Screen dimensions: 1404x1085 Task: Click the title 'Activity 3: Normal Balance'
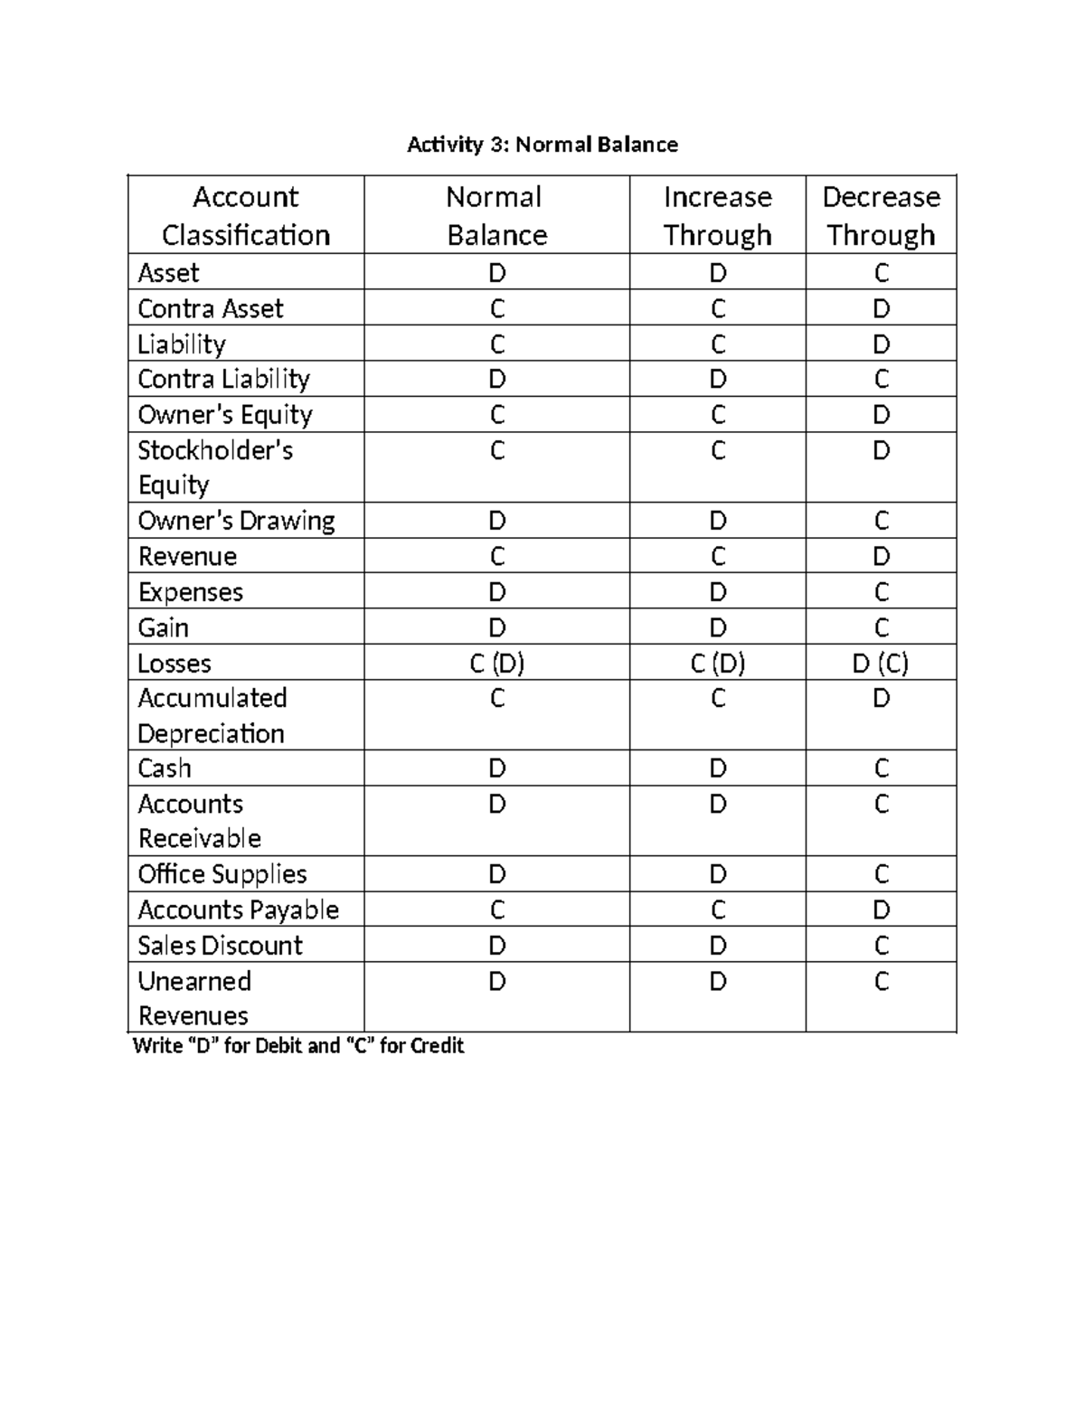click(542, 145)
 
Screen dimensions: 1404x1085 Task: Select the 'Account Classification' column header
click(246, 215)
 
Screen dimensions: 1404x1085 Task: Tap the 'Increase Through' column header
click(717, 215)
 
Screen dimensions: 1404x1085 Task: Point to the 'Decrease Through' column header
click(881, 215)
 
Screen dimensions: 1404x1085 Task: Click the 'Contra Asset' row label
click(211, 308)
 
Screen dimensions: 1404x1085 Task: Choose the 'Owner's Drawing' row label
click(236, 521)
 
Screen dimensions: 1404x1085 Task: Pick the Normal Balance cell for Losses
click(496, 664)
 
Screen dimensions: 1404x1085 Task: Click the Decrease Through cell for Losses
click(881, 664)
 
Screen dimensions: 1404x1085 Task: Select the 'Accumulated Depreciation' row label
click(212, 715)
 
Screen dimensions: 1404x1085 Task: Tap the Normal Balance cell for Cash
click(496, 768)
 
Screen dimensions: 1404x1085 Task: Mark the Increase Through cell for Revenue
click(717, 556)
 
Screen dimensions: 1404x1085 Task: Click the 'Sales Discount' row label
click(220, 946)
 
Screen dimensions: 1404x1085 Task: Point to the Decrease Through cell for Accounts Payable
click(881, 909)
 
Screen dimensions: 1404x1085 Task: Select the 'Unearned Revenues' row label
click(194, 997)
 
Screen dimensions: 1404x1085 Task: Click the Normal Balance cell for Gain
click(496, 627)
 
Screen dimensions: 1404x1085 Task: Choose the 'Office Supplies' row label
click(222, 874)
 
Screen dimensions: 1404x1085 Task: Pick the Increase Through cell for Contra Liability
click(717, 379)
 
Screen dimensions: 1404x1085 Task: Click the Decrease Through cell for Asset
click(881, 273)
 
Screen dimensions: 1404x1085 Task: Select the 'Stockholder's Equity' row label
click(215, 467)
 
